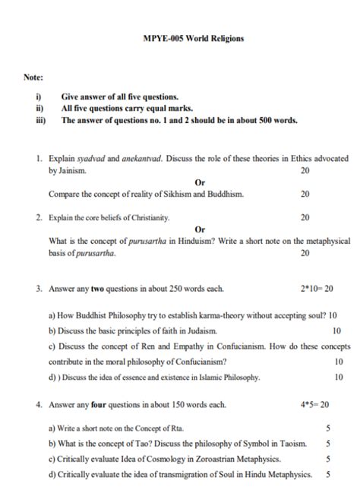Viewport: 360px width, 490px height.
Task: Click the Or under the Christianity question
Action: click(x=200, y=229)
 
